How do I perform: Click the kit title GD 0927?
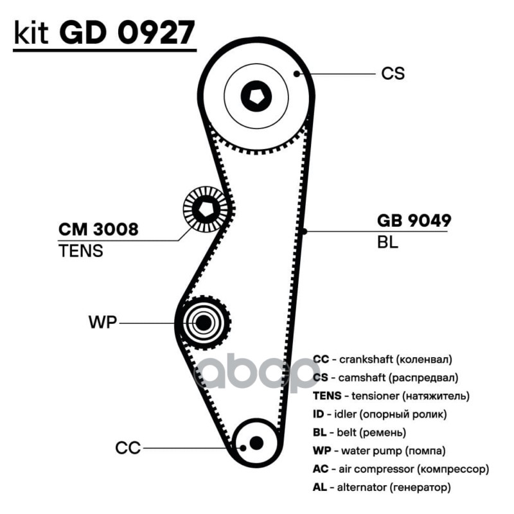coord(127,33)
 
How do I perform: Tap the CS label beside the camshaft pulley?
coord(393,73)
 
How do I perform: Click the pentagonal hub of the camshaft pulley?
coord(256,96)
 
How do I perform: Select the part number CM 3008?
coord(98,229)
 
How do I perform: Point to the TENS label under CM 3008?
coord(81,251)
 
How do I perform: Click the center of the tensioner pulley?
coord(206,209)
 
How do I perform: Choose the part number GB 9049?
coord(414,220)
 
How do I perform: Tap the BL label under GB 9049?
coord(387,242)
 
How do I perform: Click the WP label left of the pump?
coord(103,323)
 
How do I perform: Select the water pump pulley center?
coord(203,323)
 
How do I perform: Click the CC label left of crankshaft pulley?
coord(128,448)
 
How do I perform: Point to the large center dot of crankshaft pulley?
coord(256,443)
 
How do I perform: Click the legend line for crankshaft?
coord(382,360)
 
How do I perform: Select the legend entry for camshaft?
coord(385,378)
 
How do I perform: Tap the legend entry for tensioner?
coord(391,396)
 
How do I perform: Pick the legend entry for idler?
coord(380,414)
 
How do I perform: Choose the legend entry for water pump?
coord(379,451)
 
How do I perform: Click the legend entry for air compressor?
coord(401,470)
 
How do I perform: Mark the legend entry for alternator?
coord(382,488)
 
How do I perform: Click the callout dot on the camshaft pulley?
coord(297,74)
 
